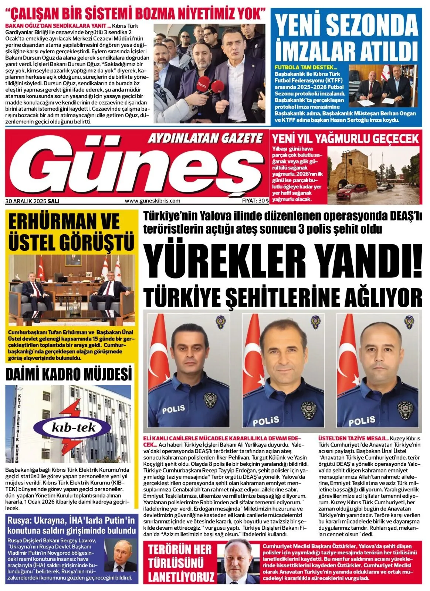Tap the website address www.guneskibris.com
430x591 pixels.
(152, 201)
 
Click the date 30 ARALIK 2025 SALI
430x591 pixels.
(33, 201)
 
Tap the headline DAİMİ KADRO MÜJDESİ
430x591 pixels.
(68, 373)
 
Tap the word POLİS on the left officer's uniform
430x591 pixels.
(173, 409)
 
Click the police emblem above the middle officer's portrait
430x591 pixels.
(315, 321)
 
